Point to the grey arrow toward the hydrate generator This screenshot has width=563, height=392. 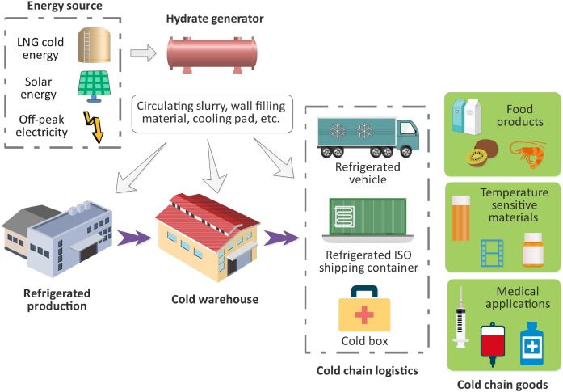tap(143, 53)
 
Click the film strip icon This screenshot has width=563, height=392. tap(493, 251)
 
